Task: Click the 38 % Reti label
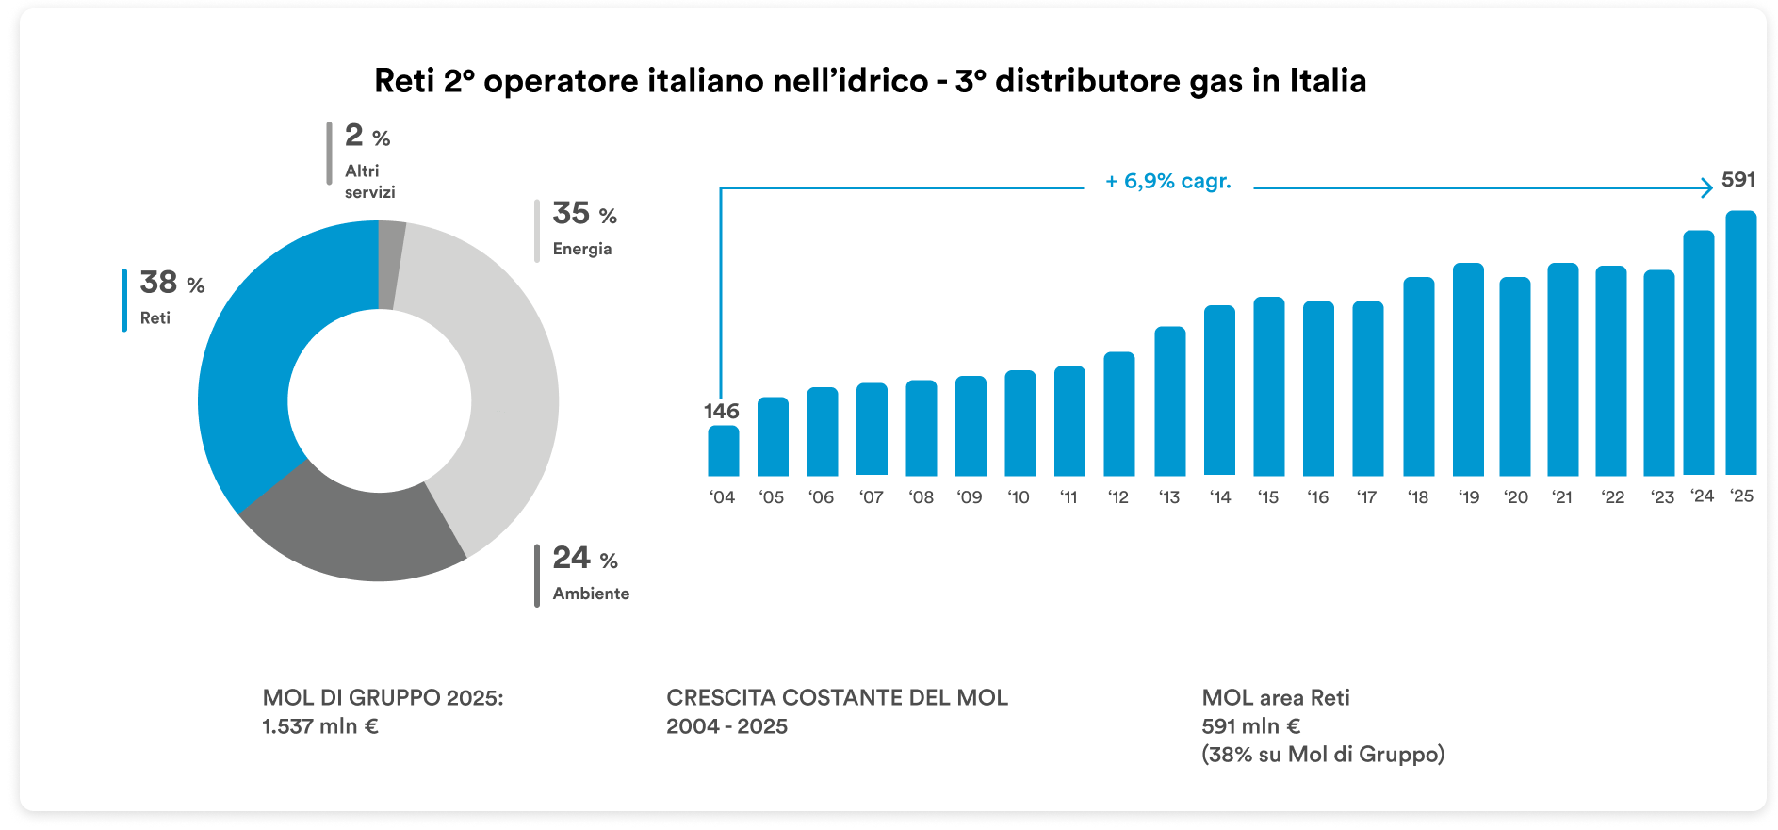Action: tap(171, 298)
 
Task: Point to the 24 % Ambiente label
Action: tap(589, 573)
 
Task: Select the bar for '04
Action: tap(723, 451)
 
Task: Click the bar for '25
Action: tap(1740, 344)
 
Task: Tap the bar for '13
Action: tap(1169, 401)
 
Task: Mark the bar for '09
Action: tap(971, 426)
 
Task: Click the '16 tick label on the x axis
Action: tap(1317, 497)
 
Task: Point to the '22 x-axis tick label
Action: tap(1612, 497)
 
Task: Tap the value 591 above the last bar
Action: tap(1738, 180)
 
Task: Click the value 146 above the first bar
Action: tap(721, 412)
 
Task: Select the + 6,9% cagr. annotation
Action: tap(1168, 181)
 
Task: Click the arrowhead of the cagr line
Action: tap(1707, 187)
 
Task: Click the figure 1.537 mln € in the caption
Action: tap(320, 726)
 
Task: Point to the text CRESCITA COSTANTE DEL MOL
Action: tap(837, 698)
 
